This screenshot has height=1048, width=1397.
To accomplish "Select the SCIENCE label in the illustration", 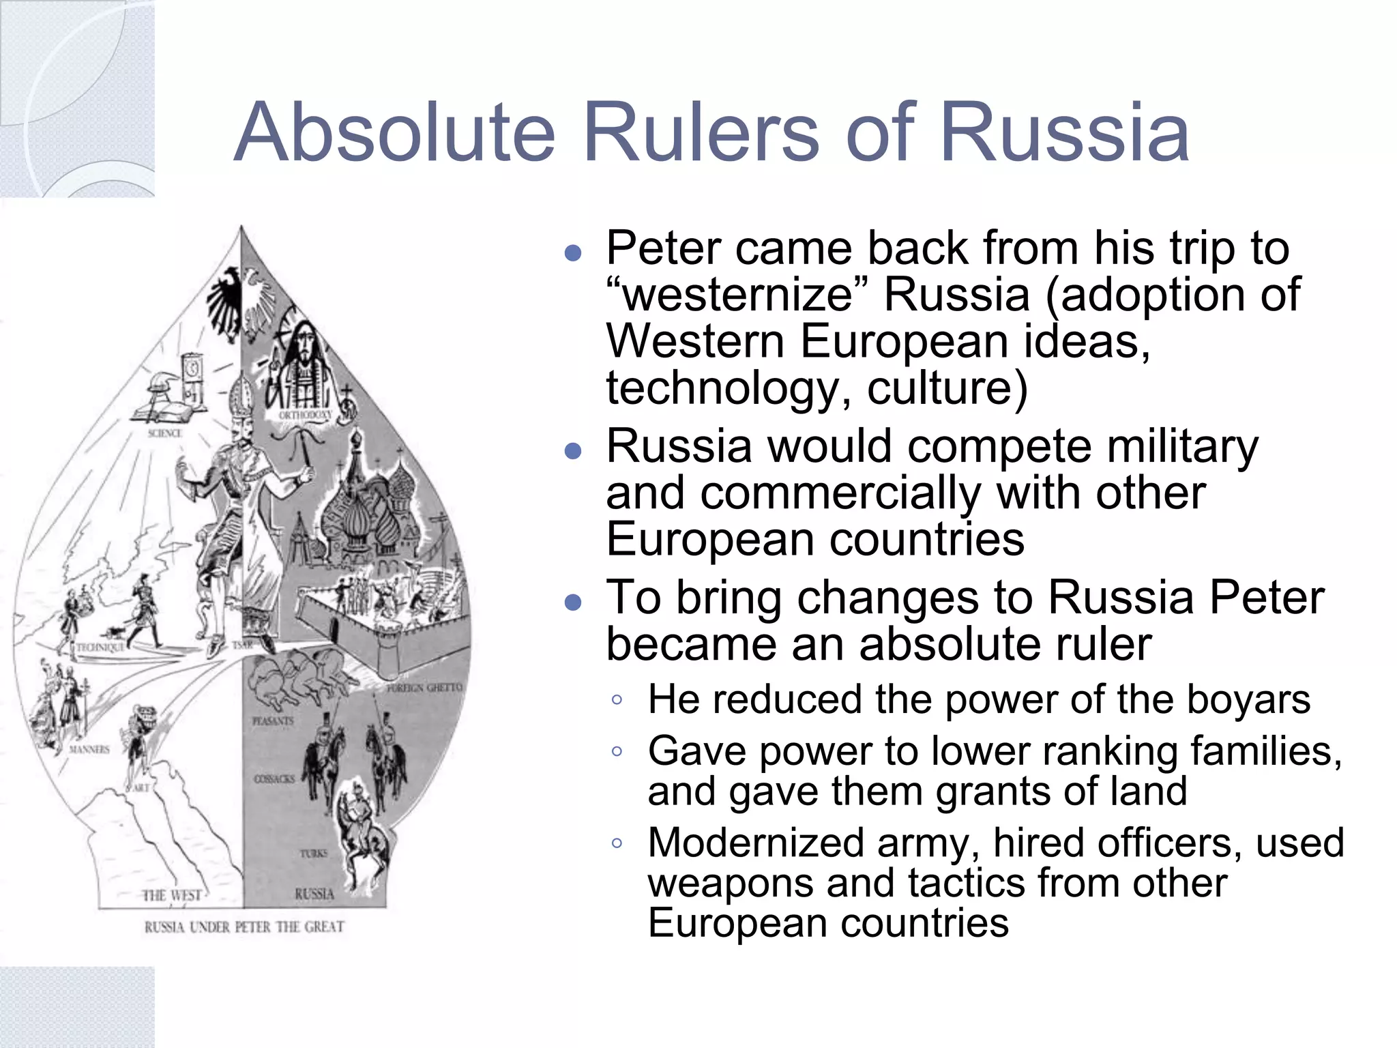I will point(164,433).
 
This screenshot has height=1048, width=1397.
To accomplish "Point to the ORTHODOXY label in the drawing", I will point(306,415).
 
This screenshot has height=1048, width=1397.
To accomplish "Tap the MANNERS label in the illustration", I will point(89,749).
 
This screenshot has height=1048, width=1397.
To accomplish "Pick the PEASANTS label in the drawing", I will point(273,720).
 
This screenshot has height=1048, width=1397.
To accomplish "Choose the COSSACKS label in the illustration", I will point(274,778).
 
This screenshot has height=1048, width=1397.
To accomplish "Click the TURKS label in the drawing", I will point(313,853).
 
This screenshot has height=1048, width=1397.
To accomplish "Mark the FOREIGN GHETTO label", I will point(424,688).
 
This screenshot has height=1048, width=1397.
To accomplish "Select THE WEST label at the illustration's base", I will point(172,895).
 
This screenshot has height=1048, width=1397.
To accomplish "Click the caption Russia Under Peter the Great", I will point(244,927).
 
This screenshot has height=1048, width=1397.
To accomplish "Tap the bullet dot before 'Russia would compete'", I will point(573,450).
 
